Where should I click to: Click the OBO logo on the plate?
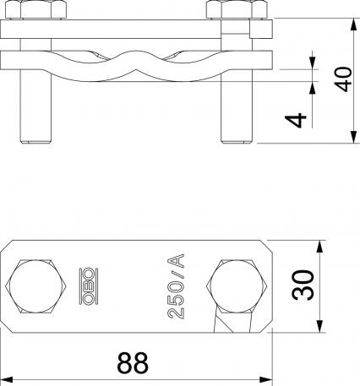click(x=86, y=285)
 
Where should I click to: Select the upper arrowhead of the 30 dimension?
click(x=319, y=246)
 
